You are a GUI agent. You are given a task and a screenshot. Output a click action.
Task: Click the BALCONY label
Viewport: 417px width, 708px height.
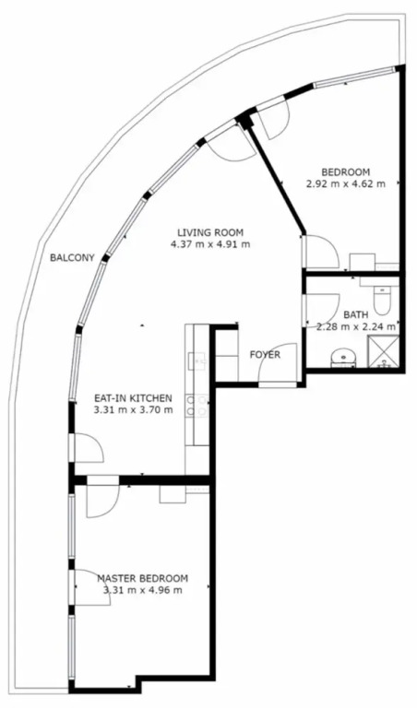click(72, 258)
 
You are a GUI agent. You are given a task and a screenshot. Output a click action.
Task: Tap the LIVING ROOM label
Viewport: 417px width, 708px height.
click(210, 233)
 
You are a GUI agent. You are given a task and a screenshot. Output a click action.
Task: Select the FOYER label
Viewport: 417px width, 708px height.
click(265, 355)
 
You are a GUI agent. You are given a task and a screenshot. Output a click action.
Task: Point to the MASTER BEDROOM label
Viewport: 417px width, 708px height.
click(143, 578)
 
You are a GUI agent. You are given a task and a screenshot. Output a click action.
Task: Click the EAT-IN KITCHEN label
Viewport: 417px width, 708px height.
click(133, 398)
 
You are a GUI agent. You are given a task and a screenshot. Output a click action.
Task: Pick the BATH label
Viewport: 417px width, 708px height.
click(356, 314)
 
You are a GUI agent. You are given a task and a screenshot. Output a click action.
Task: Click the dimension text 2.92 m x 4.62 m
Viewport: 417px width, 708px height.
click(346, 183)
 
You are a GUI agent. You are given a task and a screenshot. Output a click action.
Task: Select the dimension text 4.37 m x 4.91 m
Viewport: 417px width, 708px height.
click(210, 244)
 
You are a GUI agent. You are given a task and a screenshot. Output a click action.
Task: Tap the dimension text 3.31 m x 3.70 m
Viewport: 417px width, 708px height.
click(133, 410)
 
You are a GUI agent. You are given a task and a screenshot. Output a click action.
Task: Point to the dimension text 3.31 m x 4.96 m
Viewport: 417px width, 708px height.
click(143, 590)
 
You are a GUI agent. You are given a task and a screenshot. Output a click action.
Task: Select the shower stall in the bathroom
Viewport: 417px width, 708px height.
click(384, 352)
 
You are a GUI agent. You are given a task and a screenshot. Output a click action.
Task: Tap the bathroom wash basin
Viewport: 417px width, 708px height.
click(344, 359)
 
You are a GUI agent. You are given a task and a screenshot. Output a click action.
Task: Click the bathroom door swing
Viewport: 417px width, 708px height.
click(323, 311)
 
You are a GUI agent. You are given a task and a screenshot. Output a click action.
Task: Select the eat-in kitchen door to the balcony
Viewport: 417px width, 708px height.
click(88, 447)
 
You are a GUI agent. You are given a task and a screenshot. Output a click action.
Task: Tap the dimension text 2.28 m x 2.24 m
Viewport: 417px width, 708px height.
click(356, 326)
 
